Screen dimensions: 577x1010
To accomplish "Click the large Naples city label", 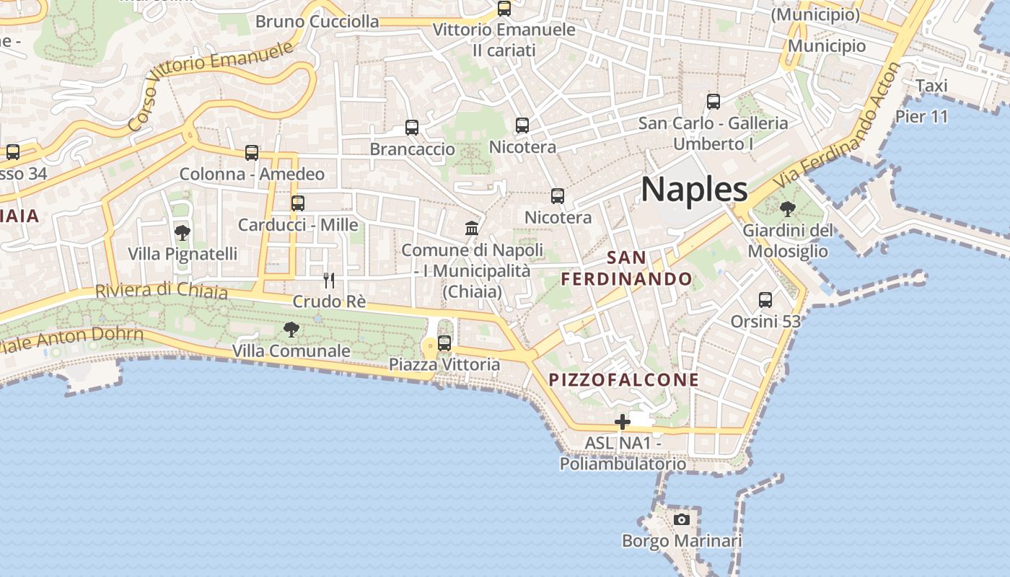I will point(694,189).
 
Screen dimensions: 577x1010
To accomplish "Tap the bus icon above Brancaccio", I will point(412,128).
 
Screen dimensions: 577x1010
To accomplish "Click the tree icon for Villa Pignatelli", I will point(183,232).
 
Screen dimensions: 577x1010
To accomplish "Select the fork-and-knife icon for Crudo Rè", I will point(329,280).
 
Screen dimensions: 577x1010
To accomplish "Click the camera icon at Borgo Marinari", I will point(681,519).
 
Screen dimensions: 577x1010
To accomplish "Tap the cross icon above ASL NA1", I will point(622,421).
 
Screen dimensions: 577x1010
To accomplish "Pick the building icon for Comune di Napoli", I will point(472,229).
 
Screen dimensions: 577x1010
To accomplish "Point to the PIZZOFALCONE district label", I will point(624,380).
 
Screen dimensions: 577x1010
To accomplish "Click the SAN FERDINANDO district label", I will point(627,268).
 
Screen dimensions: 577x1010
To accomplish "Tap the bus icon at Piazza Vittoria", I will point(444,343).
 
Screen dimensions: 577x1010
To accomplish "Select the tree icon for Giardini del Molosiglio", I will point(787,209).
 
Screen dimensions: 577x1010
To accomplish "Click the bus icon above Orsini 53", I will point(765,299).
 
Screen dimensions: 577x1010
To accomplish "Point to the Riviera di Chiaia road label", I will point(162,291).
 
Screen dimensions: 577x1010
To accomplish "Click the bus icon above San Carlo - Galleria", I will point(713,102).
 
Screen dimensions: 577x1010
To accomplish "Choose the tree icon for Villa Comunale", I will point(291,330).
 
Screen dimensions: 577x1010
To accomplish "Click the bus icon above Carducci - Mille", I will point(298,203).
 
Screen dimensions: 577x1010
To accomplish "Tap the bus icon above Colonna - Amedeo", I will point(252,153).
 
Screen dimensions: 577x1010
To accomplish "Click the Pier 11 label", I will point(921,116).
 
